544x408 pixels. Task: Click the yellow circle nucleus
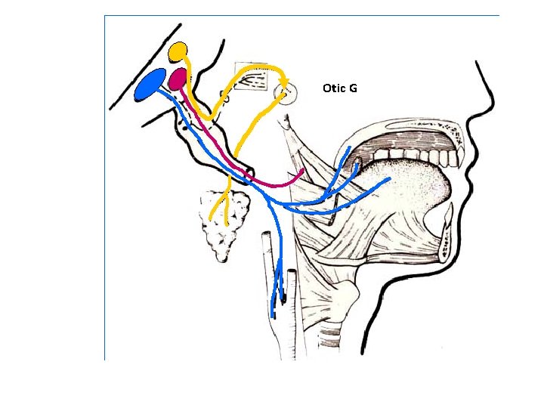click(178, 51)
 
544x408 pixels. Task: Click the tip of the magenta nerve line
click(303, 172)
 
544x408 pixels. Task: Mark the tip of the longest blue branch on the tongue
click(388, 180)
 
